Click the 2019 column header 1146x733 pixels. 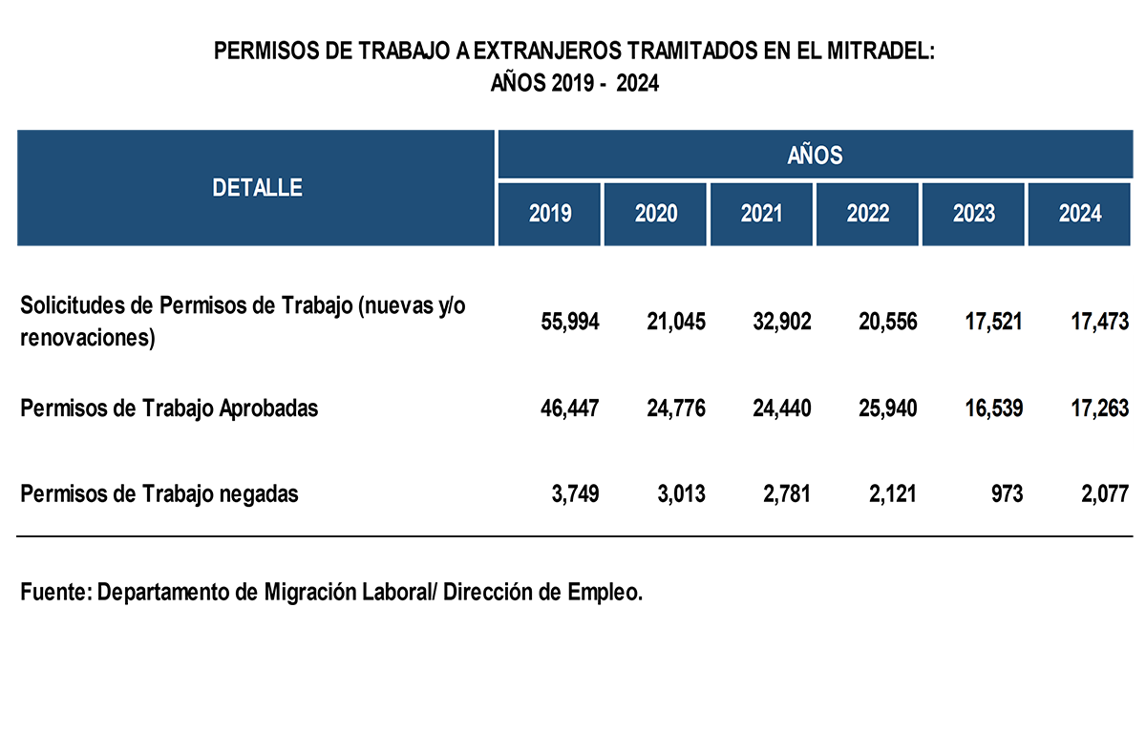click(550, 214)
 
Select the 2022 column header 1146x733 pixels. click(867, 214)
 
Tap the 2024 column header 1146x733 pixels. click(1079, 214)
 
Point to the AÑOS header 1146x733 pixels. click(815, 154)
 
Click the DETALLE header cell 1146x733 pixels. click(257, 188)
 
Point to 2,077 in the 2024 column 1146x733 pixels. click(1104, 494)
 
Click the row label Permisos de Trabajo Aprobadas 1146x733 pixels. click(169, 409)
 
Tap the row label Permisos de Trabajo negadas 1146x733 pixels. click(159, 494)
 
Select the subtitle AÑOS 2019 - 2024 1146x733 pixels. click(575, 83)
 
